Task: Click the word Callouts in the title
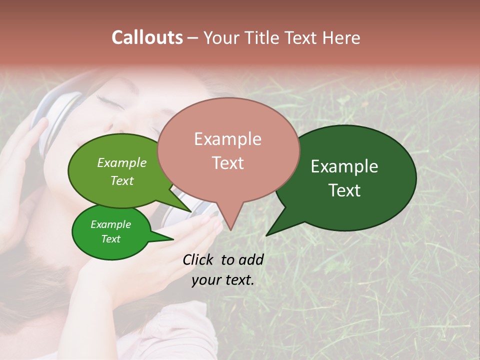point(147,37)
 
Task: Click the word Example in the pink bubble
point(227,139)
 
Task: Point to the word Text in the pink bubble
point(227,162)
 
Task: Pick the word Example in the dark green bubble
point(344,166)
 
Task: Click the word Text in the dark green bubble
point(345,190)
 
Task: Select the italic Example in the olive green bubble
point(121,163)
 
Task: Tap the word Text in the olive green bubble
point(121,180)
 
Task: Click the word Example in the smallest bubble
point(110,224)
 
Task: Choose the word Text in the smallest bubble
point(110,239)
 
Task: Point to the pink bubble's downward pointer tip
point(230,229)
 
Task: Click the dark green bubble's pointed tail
point(267,234)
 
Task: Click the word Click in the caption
point(198,259)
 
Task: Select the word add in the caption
point(251,259)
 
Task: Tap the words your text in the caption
point(222,280)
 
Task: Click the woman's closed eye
point(107,98)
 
